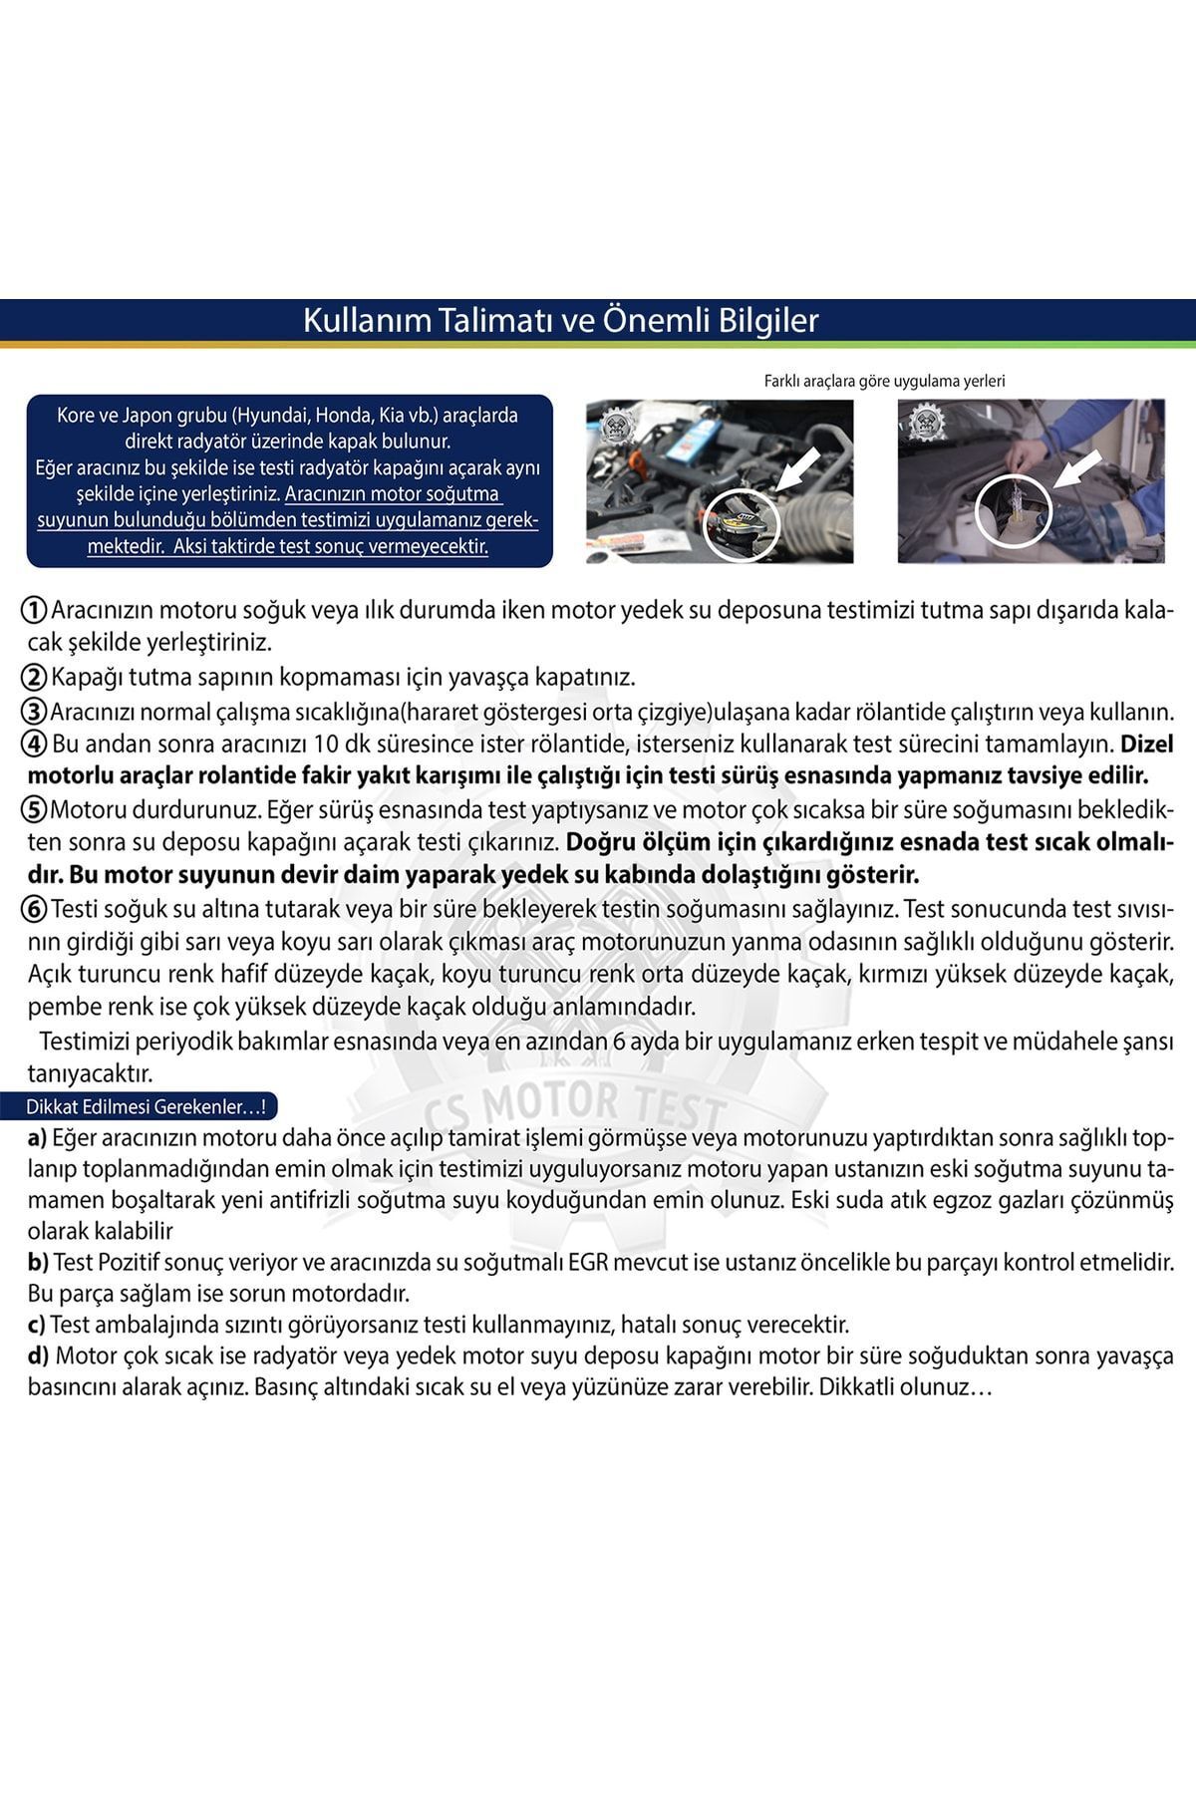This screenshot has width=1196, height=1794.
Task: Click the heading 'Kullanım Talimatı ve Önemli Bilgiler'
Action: [x=560, y=321]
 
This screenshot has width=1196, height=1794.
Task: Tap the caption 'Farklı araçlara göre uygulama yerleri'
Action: [x=884, y=381]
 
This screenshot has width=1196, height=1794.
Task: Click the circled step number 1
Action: [x=35, y=610]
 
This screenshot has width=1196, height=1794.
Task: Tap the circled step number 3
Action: [x=35, y=712]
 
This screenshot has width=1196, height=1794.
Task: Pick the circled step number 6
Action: [x=35, y=909]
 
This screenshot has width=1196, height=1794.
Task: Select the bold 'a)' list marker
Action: [x=38, y=1137]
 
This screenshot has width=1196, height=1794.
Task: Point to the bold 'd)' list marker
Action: [x=40, y=1355]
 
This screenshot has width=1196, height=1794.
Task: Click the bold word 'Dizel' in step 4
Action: [x=1148, y=744]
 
